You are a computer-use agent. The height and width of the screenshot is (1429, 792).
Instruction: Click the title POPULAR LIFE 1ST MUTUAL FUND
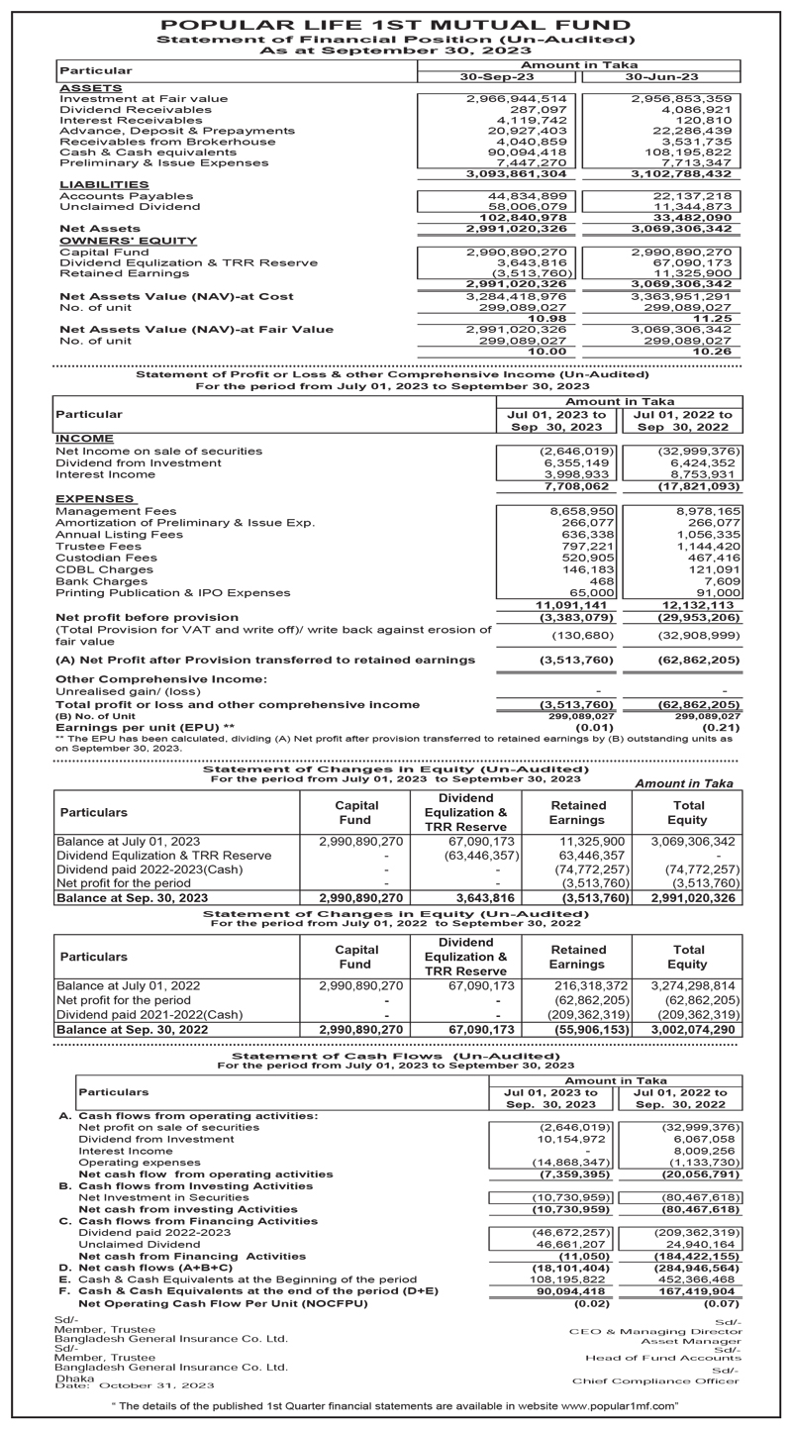[x=396, y=24]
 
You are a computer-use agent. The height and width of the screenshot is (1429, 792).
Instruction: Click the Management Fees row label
[x=116, y=511]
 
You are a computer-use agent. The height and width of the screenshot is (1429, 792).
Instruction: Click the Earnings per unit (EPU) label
[x=146, y=727]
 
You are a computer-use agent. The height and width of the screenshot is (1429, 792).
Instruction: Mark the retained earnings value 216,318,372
[x=593, y=986]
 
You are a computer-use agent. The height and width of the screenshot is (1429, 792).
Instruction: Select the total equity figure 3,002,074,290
[x=693, y=1030]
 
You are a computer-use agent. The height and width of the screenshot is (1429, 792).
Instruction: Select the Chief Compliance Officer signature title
[x=655, y=1380]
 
